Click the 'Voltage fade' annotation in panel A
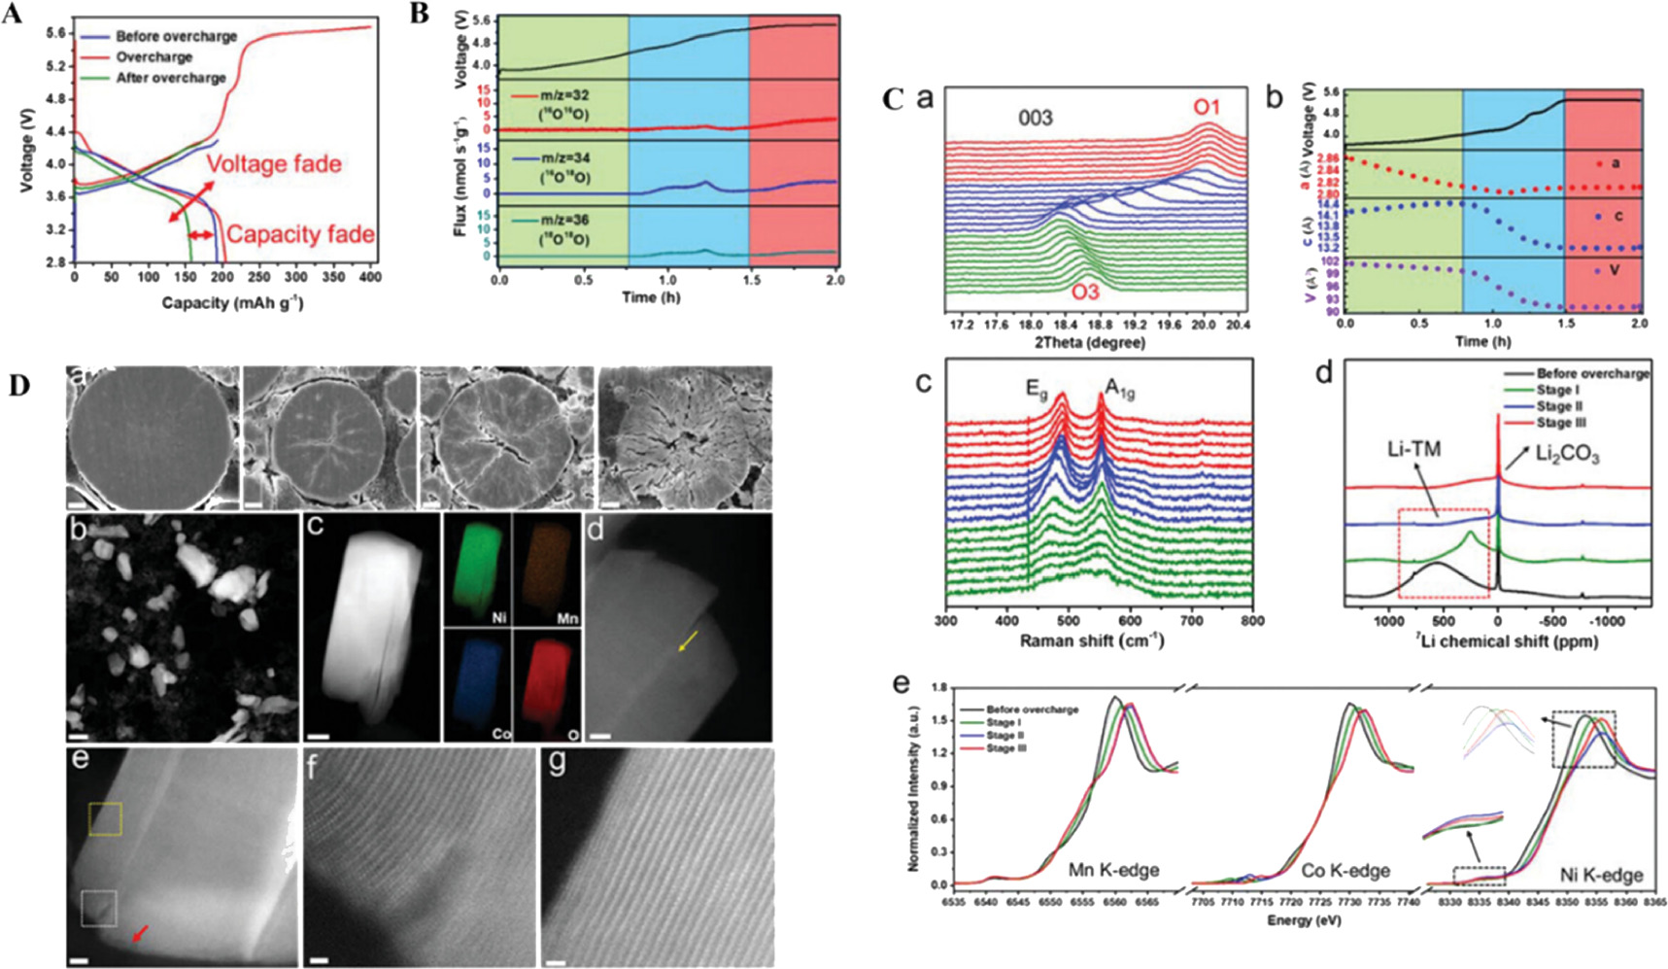click(x=274, y=163)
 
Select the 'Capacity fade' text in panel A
click(x=300, y=235)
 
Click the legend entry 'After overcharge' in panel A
click(x=170, y=78)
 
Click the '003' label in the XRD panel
click(x=1035, y=119)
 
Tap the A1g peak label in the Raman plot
click(x=1120, y=391)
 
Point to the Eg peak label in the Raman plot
click(x=1038, y=390)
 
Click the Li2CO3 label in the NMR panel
click(x=1567, y=454)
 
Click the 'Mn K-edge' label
click(x=1113, y=871)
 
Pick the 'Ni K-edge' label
click(x=1601, y=876)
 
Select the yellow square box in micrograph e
click(x=105, y=819)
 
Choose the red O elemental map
click(x=545, y=686)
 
